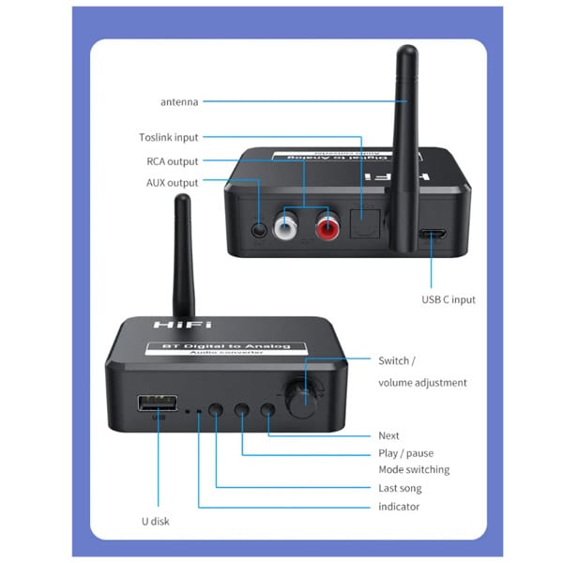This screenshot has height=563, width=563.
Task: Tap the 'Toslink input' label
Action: tap(169, 138)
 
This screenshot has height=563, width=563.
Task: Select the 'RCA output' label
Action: tap(173, 160)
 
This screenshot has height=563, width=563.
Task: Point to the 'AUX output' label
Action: tap(173, 182)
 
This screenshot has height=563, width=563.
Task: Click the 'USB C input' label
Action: tap(449, 299)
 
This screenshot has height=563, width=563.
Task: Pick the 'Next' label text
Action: tap(388, 435)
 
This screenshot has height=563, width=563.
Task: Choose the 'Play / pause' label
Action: tap(405, 453)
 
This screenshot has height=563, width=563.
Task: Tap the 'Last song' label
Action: tap(400, 488)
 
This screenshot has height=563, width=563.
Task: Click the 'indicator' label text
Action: tap(399, 507)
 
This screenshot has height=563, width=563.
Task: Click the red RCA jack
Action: tap(327, 226)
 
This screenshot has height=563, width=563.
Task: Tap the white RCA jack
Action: tap(286, 226)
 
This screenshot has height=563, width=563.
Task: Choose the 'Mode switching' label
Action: tap(414, 469)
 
